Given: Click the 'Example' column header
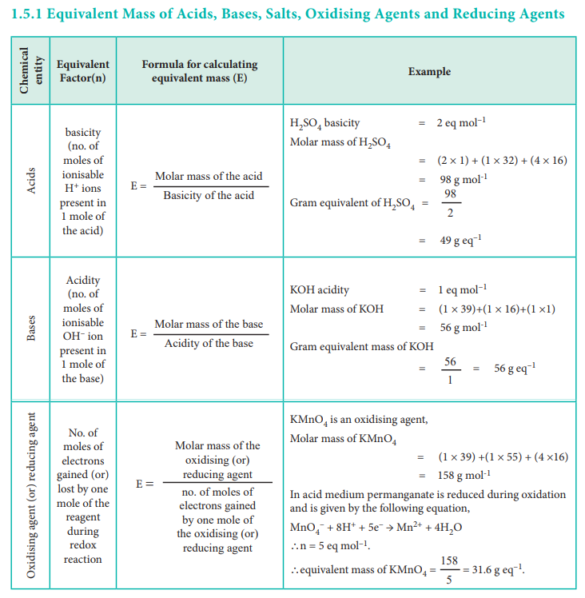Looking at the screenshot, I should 429,71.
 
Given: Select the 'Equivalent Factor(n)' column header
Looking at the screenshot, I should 83,71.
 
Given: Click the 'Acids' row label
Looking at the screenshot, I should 30,179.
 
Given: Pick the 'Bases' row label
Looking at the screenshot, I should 30,329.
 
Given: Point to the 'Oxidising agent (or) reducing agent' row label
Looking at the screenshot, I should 30,496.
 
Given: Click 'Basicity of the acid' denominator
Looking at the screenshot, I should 209,195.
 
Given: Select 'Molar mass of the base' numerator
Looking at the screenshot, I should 209,324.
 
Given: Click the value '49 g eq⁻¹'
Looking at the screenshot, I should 460,240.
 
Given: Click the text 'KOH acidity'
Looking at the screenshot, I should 320,289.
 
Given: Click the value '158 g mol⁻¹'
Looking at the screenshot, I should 464,475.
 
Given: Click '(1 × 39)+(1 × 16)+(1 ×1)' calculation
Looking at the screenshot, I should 496,309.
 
